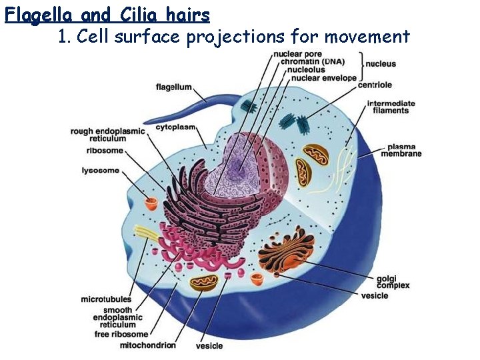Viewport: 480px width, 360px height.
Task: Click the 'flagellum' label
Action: [174, 87]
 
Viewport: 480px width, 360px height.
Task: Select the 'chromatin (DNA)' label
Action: [312, 61]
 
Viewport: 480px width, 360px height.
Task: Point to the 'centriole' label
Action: [375, 85]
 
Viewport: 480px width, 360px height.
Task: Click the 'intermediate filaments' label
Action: [391, 107]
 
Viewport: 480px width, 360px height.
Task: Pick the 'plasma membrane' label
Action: [401, 150]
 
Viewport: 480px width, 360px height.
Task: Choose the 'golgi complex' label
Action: [392, 282]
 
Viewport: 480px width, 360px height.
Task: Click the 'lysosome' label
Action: [101, 171]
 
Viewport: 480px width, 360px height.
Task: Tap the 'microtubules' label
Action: [107, 299]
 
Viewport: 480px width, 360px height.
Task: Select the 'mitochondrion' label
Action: [148, 345]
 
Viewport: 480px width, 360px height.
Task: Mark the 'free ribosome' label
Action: [121, 334]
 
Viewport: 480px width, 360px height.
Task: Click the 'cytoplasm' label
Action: [175, 127]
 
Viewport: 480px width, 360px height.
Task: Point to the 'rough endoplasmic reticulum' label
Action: [107, 135]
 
